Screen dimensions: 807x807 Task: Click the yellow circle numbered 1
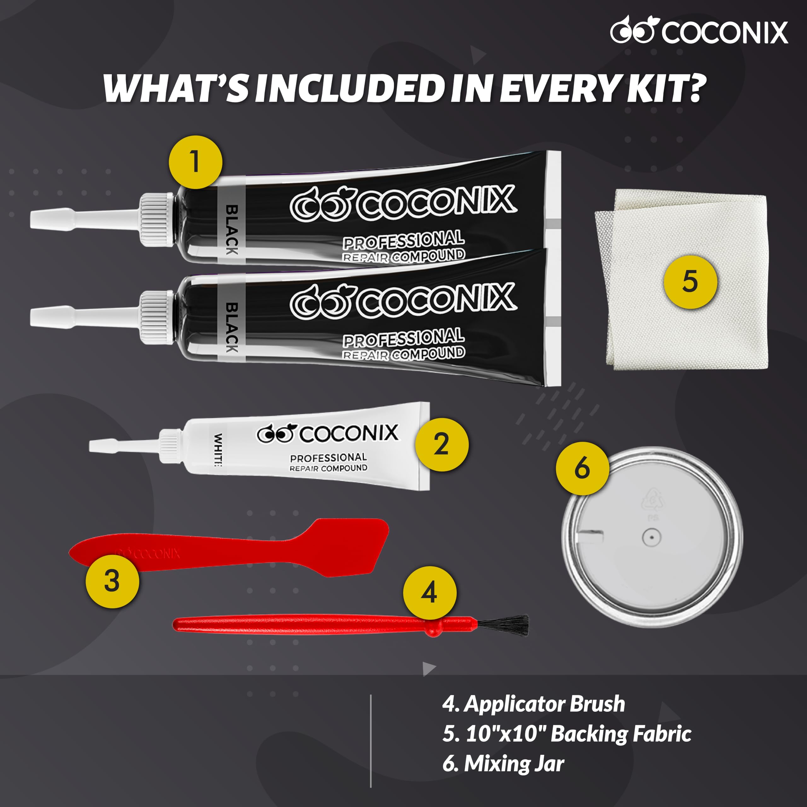tap(195, 162)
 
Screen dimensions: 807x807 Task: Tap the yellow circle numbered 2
tap(442, 444)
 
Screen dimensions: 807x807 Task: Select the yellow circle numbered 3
tap(112, 581)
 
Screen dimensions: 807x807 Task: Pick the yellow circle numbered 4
tap(429, 593)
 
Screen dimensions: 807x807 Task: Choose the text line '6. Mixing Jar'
tap(503, 763)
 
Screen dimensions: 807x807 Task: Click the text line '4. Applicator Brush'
tap(533, 704)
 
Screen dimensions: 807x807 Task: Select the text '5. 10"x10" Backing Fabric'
tap(566, 734)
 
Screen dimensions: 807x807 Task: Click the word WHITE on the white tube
tap(218, 450)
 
